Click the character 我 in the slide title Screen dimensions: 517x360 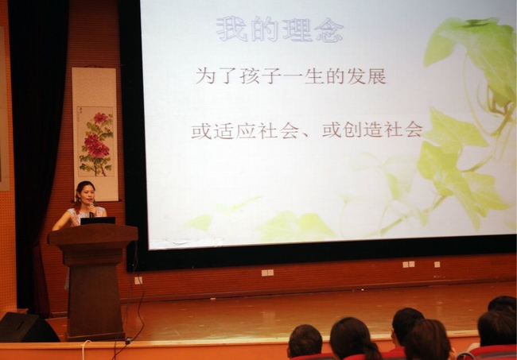tap(231, 29)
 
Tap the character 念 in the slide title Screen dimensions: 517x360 tap(328, 30)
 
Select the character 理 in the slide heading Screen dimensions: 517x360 tap(297, 29)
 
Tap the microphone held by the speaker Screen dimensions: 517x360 tap(91, 209)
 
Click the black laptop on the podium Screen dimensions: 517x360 tap(98, 220)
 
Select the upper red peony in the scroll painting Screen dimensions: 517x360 tap(100, 118)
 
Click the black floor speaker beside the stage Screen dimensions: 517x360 tap(26, 327)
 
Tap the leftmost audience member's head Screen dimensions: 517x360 tap(305, 341)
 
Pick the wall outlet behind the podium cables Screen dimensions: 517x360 tap(138, 281)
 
